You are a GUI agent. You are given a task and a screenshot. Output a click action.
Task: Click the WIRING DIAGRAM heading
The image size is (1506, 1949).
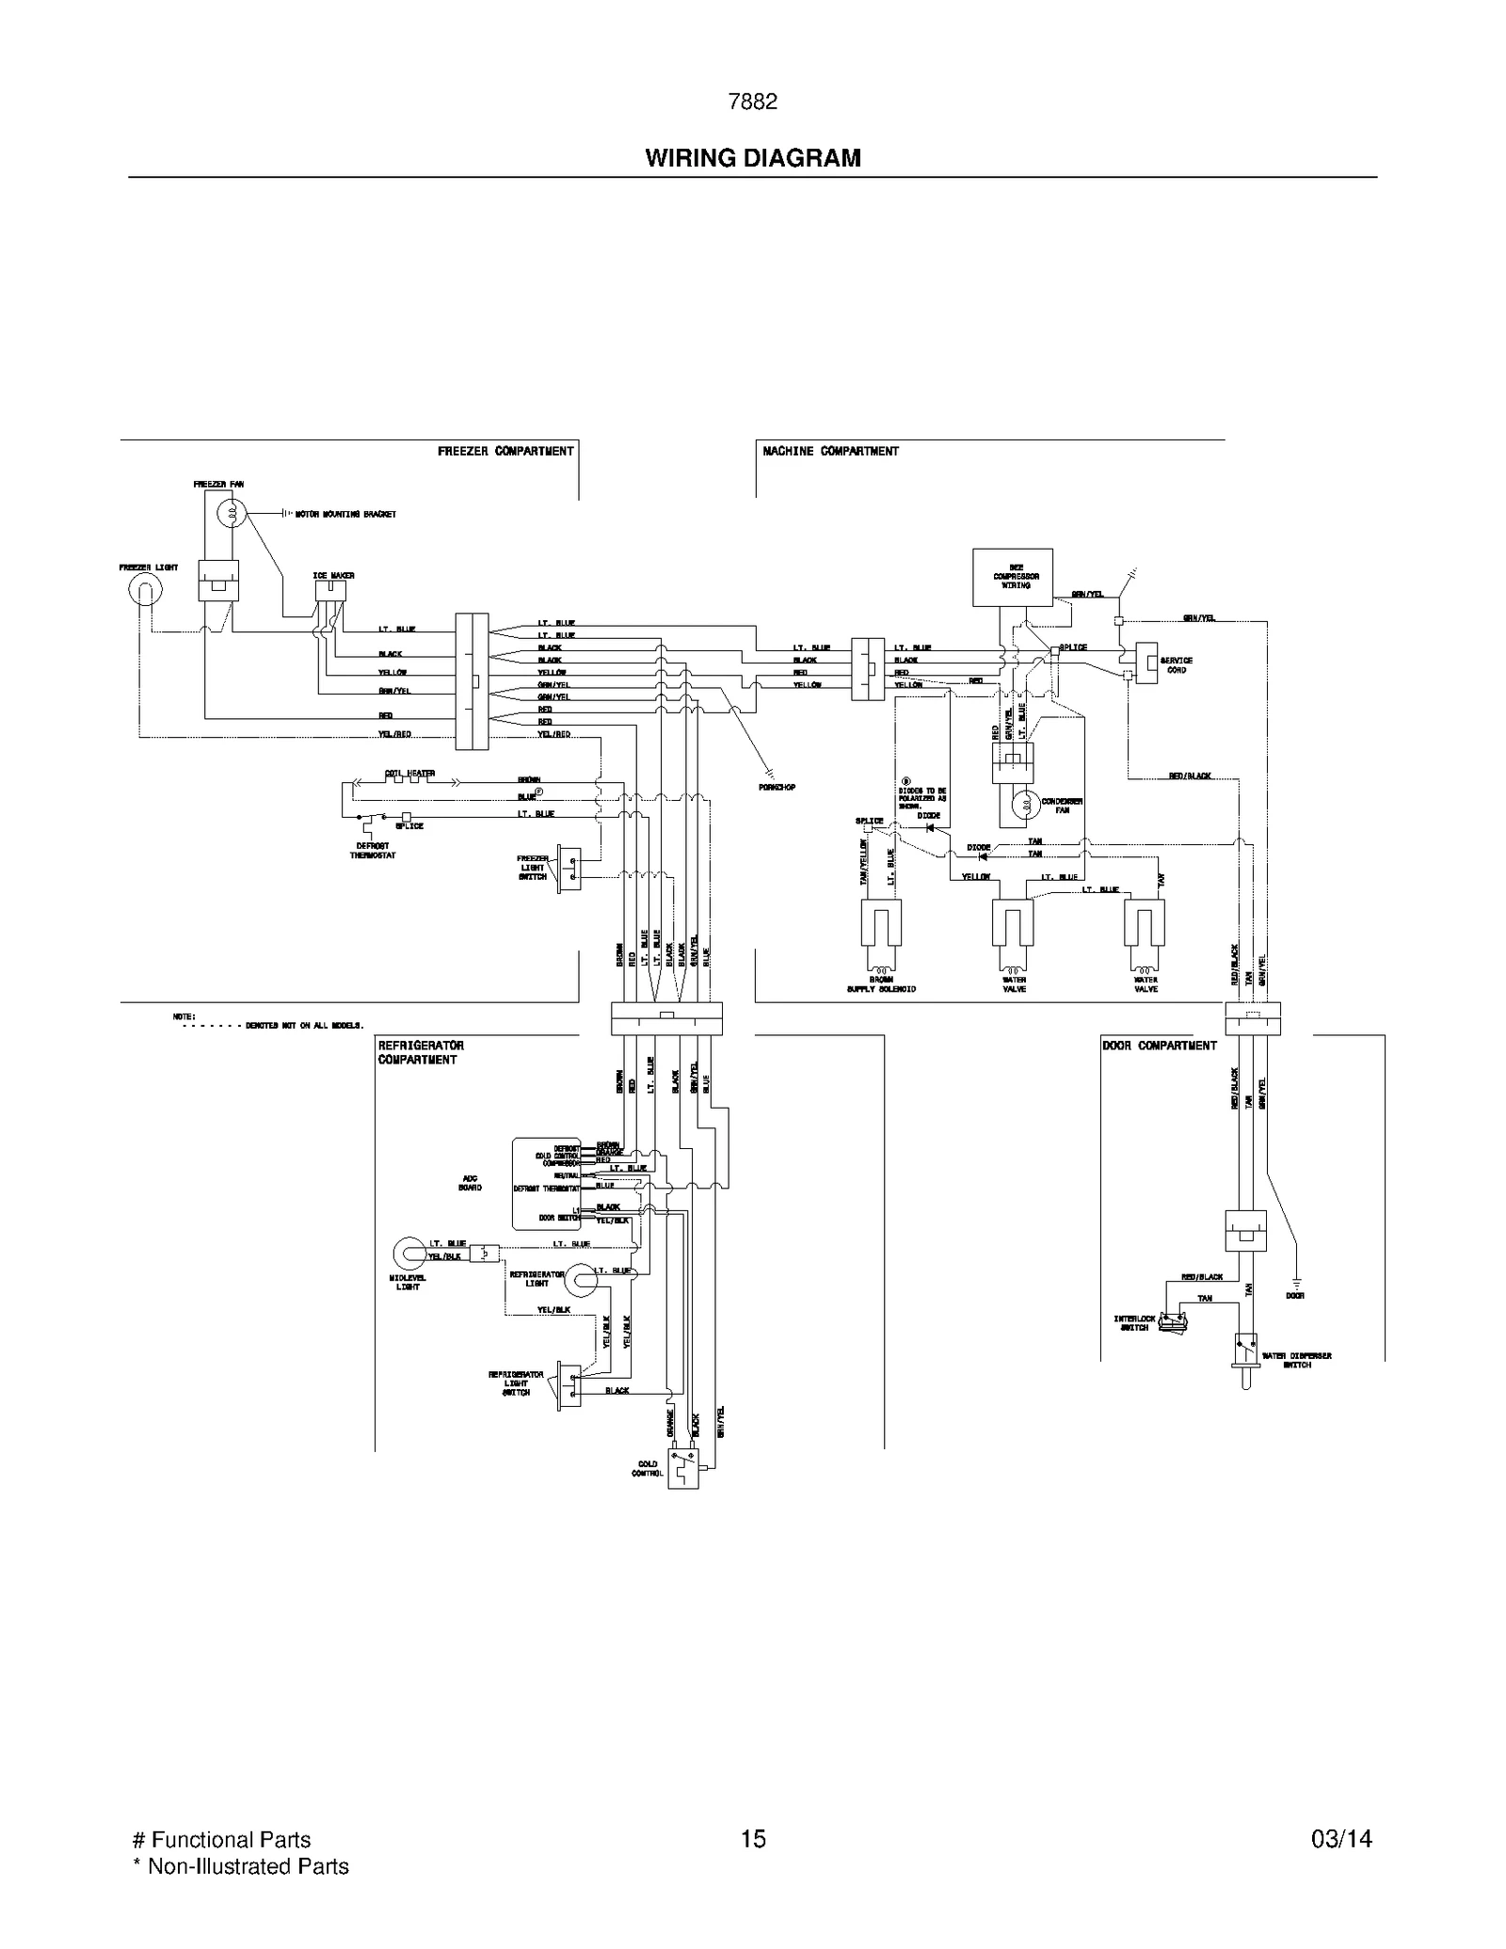click(x=752, y=158)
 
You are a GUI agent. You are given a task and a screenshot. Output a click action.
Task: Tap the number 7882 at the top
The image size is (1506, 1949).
click(x=752, y=102)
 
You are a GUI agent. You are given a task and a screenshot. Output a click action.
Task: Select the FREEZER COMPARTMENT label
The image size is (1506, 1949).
click(x=505, y=452)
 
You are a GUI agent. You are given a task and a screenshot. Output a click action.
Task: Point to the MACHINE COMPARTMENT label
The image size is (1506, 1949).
click(x=830, y=452)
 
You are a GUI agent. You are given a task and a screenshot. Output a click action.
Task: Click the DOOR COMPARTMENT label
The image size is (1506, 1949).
click(x=1159, y=1046)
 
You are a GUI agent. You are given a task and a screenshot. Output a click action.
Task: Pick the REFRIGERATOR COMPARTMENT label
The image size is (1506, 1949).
click(x=420, y=1052)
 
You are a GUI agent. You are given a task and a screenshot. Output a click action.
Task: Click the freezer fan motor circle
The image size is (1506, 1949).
click(x=231, y=514)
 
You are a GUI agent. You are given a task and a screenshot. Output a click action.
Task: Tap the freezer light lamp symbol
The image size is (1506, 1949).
click(x=145, y=590)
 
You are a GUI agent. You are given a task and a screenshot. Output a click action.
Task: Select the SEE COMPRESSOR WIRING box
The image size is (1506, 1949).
click(x=1012, y=577)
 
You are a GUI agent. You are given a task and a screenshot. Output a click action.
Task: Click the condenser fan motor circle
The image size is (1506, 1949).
click(x=1025, y=805)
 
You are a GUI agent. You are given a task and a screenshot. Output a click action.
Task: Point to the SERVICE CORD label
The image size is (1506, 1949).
click(x=1176, y=665)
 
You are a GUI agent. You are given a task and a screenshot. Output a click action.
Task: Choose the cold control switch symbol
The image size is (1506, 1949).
click(x=683, y=1467)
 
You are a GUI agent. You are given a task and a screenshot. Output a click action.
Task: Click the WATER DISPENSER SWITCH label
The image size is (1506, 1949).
click(x=1296, y=1360)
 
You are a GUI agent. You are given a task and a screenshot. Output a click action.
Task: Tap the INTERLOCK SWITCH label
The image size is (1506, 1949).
click(x=1134, y=1323)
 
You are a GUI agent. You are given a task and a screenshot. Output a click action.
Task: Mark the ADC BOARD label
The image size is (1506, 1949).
click(x=470, y=1183)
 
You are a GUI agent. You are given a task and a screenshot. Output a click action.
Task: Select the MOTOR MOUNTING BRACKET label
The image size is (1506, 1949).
click(x=345, y=515)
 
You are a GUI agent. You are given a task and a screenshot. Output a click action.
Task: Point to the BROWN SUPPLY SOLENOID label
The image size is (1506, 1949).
click(x=881, y=984)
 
